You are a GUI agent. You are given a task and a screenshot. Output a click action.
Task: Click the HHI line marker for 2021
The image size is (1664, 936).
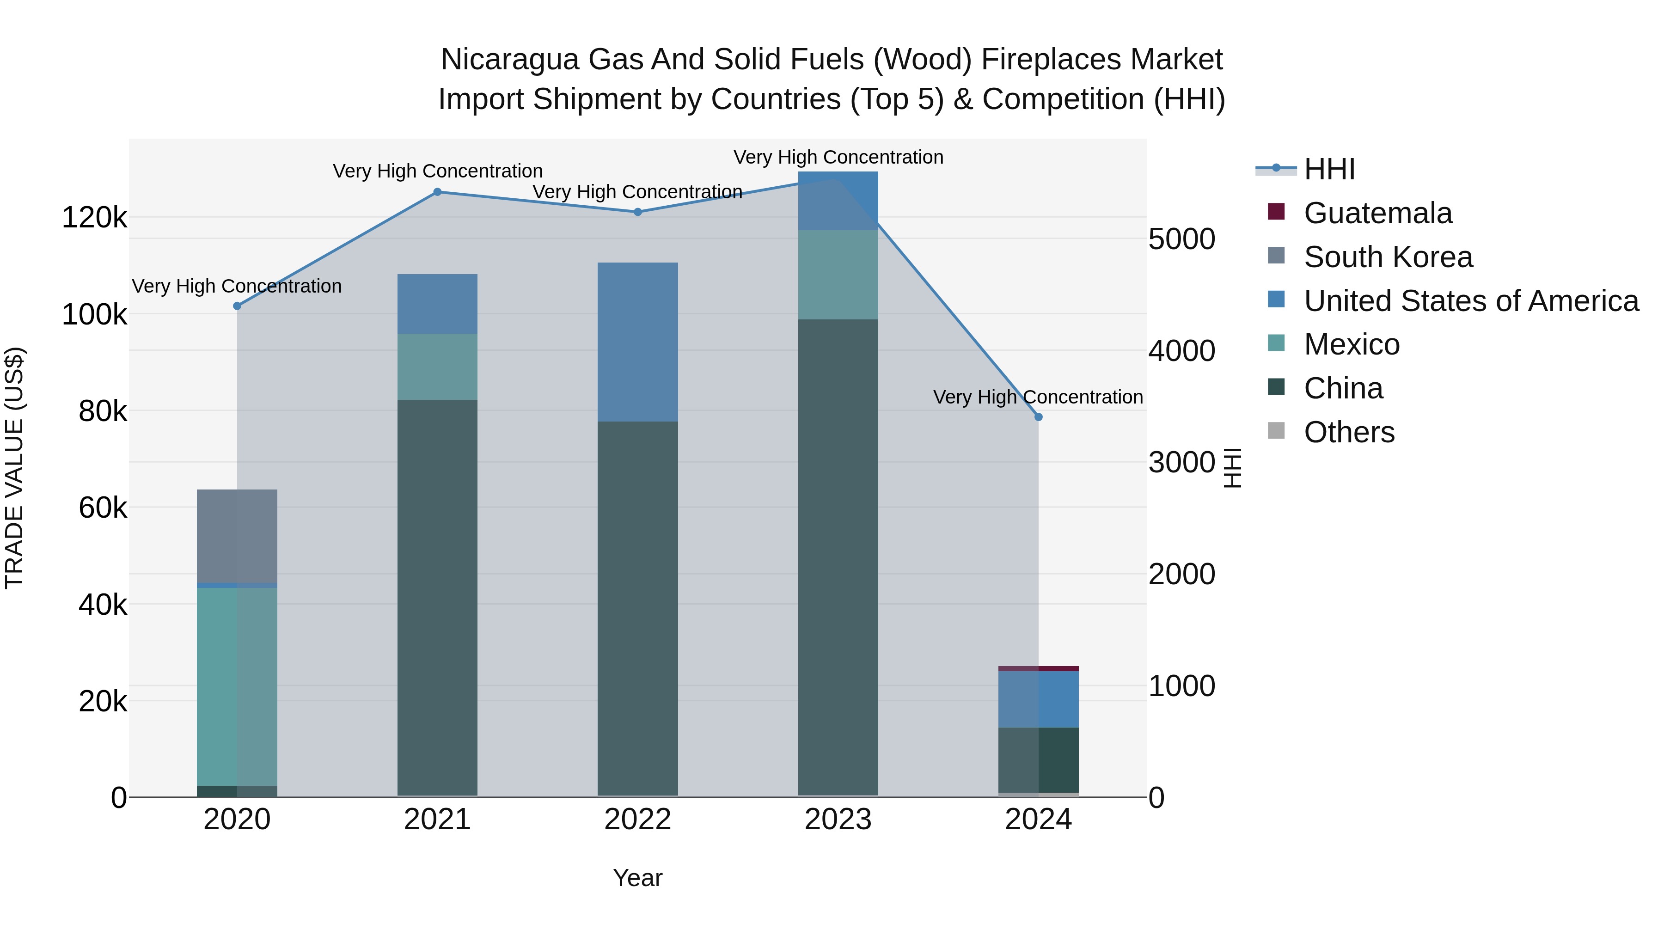(x=437, y=192)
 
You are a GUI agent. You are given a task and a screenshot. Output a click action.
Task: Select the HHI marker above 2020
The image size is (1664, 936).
(x=237, y=306)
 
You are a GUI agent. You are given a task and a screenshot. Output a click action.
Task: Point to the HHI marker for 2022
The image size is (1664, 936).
(x=637, y=212)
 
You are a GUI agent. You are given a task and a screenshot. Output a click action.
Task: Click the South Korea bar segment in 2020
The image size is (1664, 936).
(x=237, y=536)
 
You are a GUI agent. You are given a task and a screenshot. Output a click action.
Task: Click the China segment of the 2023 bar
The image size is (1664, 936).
(x=838, y=556)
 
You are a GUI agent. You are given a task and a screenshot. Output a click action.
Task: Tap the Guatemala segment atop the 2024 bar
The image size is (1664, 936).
(x=1038, y=668)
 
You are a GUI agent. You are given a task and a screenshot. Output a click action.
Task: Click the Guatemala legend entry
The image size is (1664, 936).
(x=1377, y=213)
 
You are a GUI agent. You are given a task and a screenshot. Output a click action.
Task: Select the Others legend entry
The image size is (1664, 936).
(x=1349, y=432)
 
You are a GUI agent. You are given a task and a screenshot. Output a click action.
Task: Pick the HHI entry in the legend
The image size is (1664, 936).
(x=1329, y=169)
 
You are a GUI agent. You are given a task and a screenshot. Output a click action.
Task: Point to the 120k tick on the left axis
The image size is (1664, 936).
(x=94, y=218)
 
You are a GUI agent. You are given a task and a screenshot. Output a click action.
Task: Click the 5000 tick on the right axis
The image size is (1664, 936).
(x=1181, y=239)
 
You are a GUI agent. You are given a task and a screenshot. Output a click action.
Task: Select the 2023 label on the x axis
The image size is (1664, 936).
(x=838, y=820)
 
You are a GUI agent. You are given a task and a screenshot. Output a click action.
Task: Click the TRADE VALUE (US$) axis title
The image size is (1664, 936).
(x=14, y=468)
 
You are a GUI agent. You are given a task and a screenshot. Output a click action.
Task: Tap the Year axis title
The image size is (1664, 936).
(x=637, y=878)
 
